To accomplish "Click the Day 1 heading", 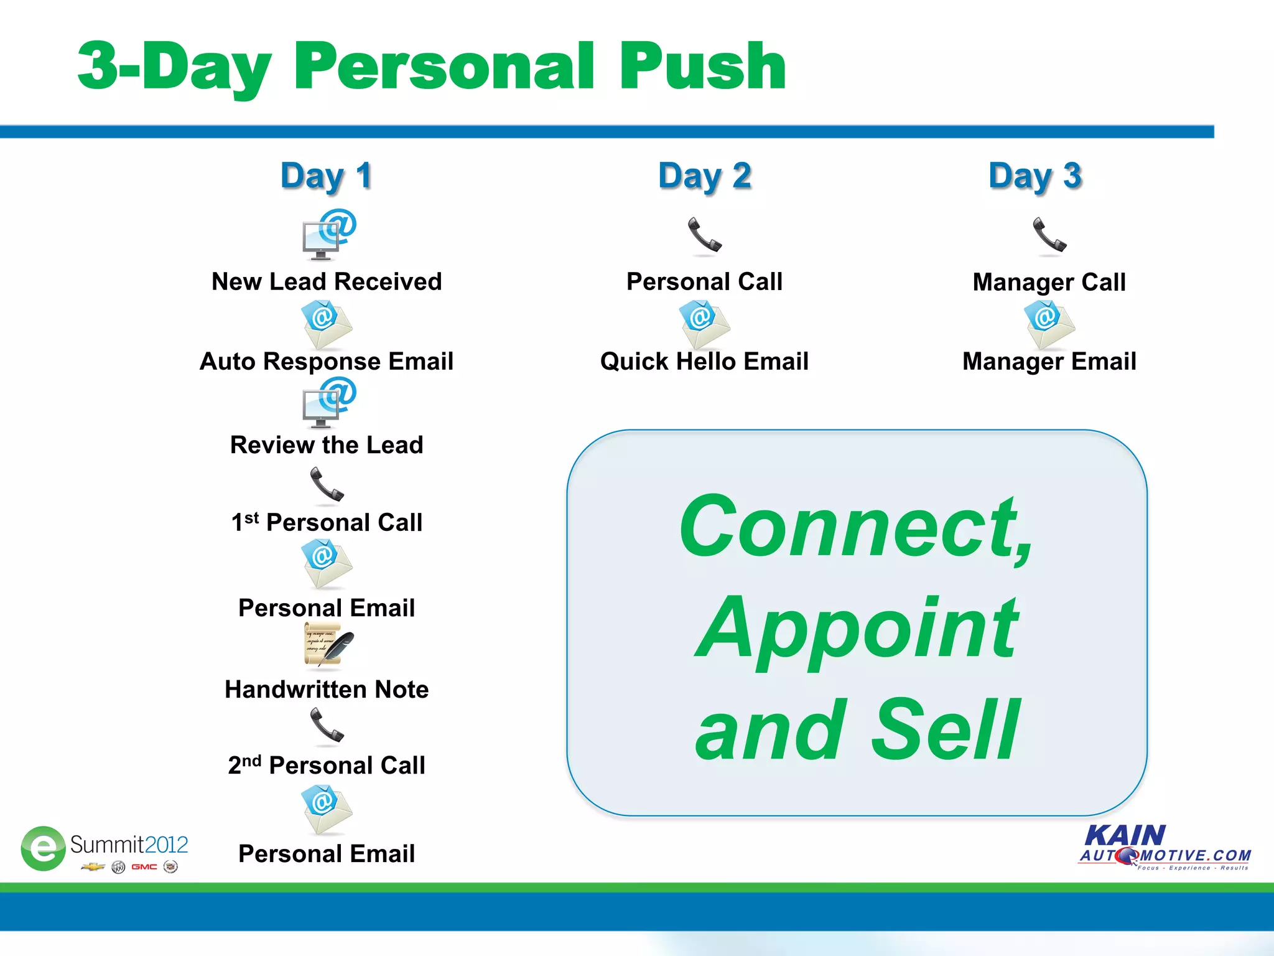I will point(327,176).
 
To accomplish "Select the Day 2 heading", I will point(705,176).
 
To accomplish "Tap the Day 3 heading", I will point(1035,176).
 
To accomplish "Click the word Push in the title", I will point(702,67).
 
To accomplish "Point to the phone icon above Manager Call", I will point(1049,236).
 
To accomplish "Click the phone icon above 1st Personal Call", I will point(327,485).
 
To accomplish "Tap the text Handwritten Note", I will point(327,690).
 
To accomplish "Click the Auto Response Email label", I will point(327,362).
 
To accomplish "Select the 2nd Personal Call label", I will point(327,765).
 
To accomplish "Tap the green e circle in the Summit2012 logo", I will point(43,848).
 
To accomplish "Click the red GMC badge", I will point(144,867).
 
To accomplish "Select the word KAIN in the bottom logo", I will point(1125,835).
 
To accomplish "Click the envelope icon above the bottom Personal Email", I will point(327,808).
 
